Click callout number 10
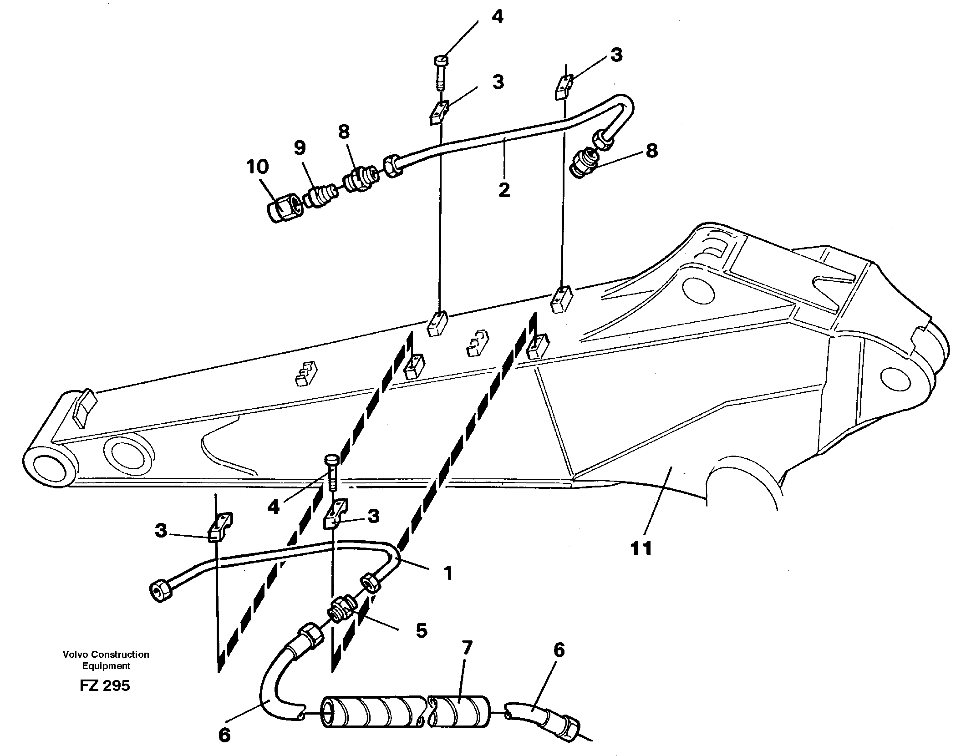click(258, 167)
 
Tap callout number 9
click(300, 148)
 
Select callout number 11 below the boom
click(641, 548)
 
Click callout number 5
click(422, 631)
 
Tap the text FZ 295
click(105, 685)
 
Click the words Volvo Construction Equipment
click(106, 660)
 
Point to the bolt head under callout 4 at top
click(441, 61)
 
